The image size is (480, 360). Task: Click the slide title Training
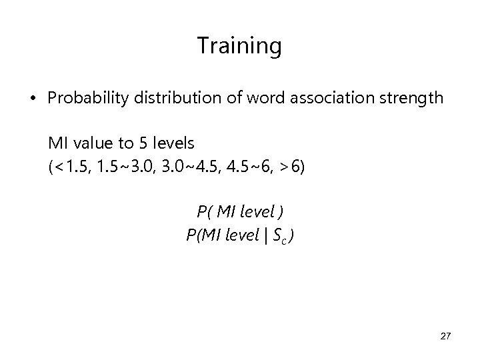tap(239, 47)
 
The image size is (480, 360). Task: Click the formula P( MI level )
tap(240, 212)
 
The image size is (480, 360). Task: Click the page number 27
tap(445, 337)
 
